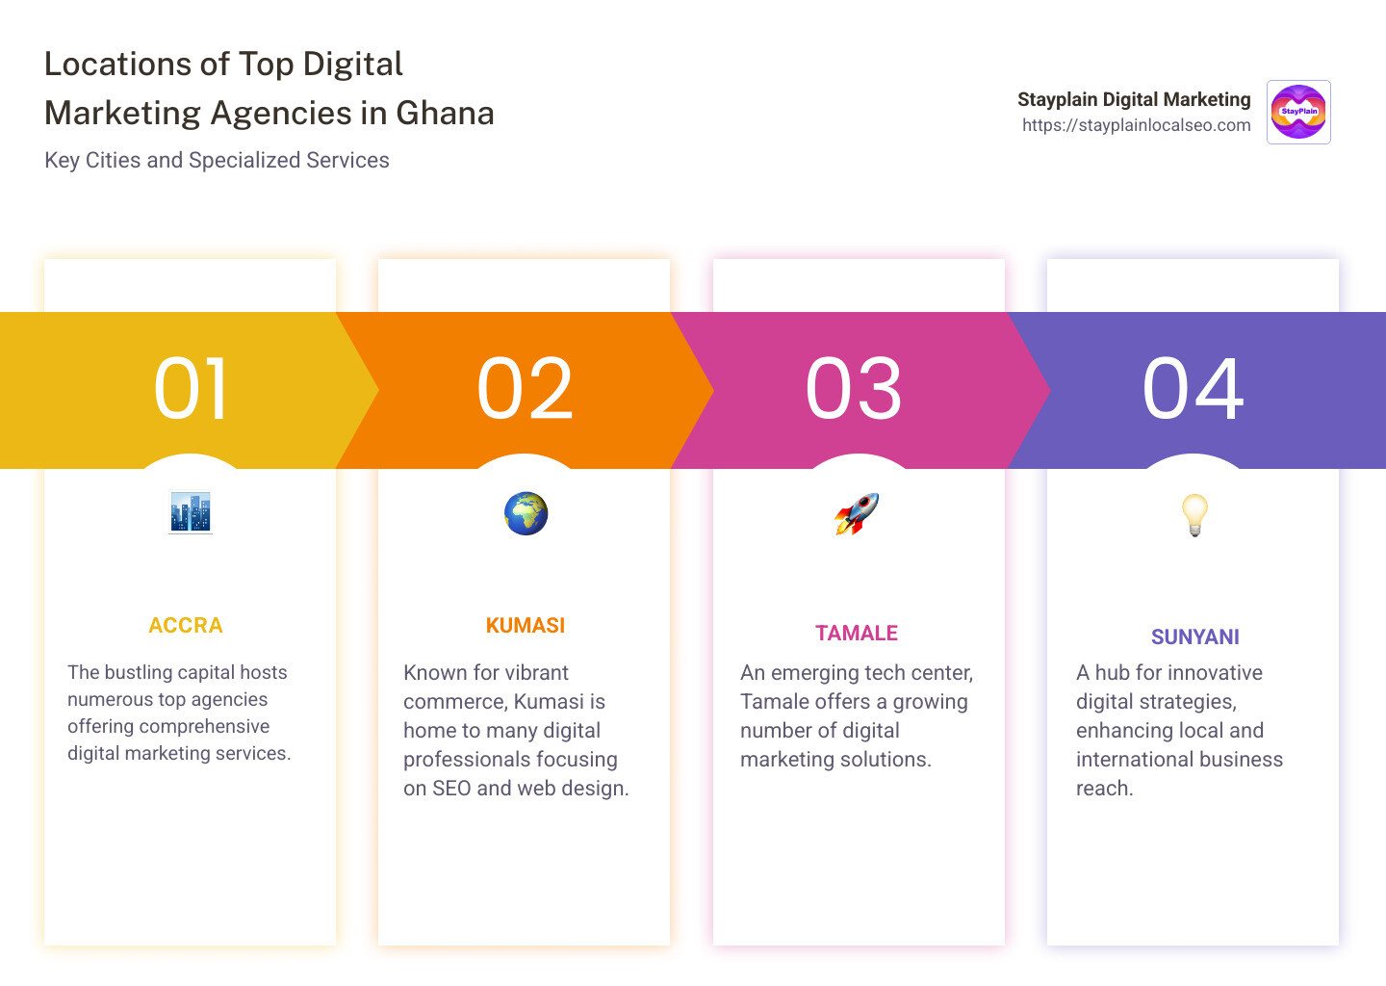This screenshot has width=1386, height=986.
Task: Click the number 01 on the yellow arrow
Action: tap(191, 389)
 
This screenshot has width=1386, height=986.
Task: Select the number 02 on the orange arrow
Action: tap(526, 389)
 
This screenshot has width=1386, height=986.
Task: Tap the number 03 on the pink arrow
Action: tap(854, 389)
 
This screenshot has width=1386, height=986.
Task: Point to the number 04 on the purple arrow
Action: tap(1193, 389)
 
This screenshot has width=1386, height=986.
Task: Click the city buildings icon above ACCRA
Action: tap(191, 513)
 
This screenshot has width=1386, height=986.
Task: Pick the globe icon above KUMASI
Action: tap(526, 513)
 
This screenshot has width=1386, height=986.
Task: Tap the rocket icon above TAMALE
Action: tap(857, 513)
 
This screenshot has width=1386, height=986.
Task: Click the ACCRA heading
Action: tap(186, 626)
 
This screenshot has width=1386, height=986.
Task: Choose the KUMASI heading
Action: tap(526, 626)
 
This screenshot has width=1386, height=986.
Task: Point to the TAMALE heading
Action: tap(857, 634)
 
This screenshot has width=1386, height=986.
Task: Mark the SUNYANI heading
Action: tap(1195, 637)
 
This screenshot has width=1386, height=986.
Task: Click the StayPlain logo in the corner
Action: tap(1298, 112)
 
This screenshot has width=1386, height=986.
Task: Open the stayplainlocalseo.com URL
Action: tap(1136, 125)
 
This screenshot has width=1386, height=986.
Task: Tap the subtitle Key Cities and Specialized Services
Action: tap(217, 160)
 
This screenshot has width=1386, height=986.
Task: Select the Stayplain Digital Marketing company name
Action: tap(1134, 99)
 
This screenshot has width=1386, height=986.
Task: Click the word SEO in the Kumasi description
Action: tap(451, 789)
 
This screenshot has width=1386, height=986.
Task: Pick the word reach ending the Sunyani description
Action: tap(1104, 789)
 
